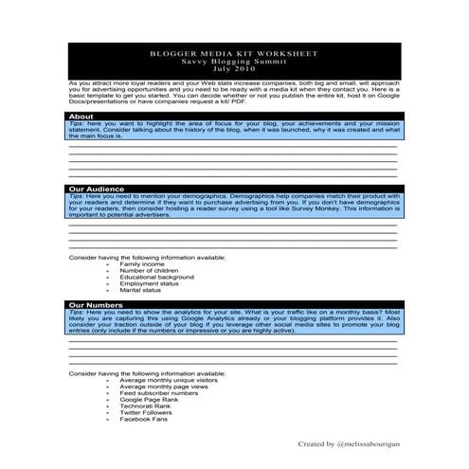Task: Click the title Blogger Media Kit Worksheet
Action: (x=234, y=55)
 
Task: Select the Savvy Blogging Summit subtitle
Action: (x=234, y=63)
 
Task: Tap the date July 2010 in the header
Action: (x=234, y=71)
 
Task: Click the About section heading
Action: (x=81, y=116)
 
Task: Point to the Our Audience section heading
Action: (x=96, y=189)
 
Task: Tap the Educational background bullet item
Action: (x=157, y=278)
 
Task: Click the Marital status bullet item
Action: (x=142, y=291)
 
